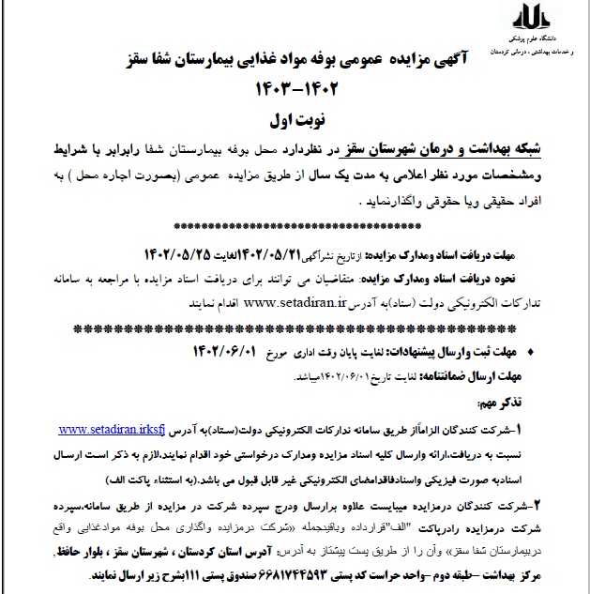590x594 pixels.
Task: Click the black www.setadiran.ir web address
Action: click(x=296, y=303)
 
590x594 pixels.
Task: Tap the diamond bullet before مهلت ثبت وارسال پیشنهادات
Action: click(x=534, y=352)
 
